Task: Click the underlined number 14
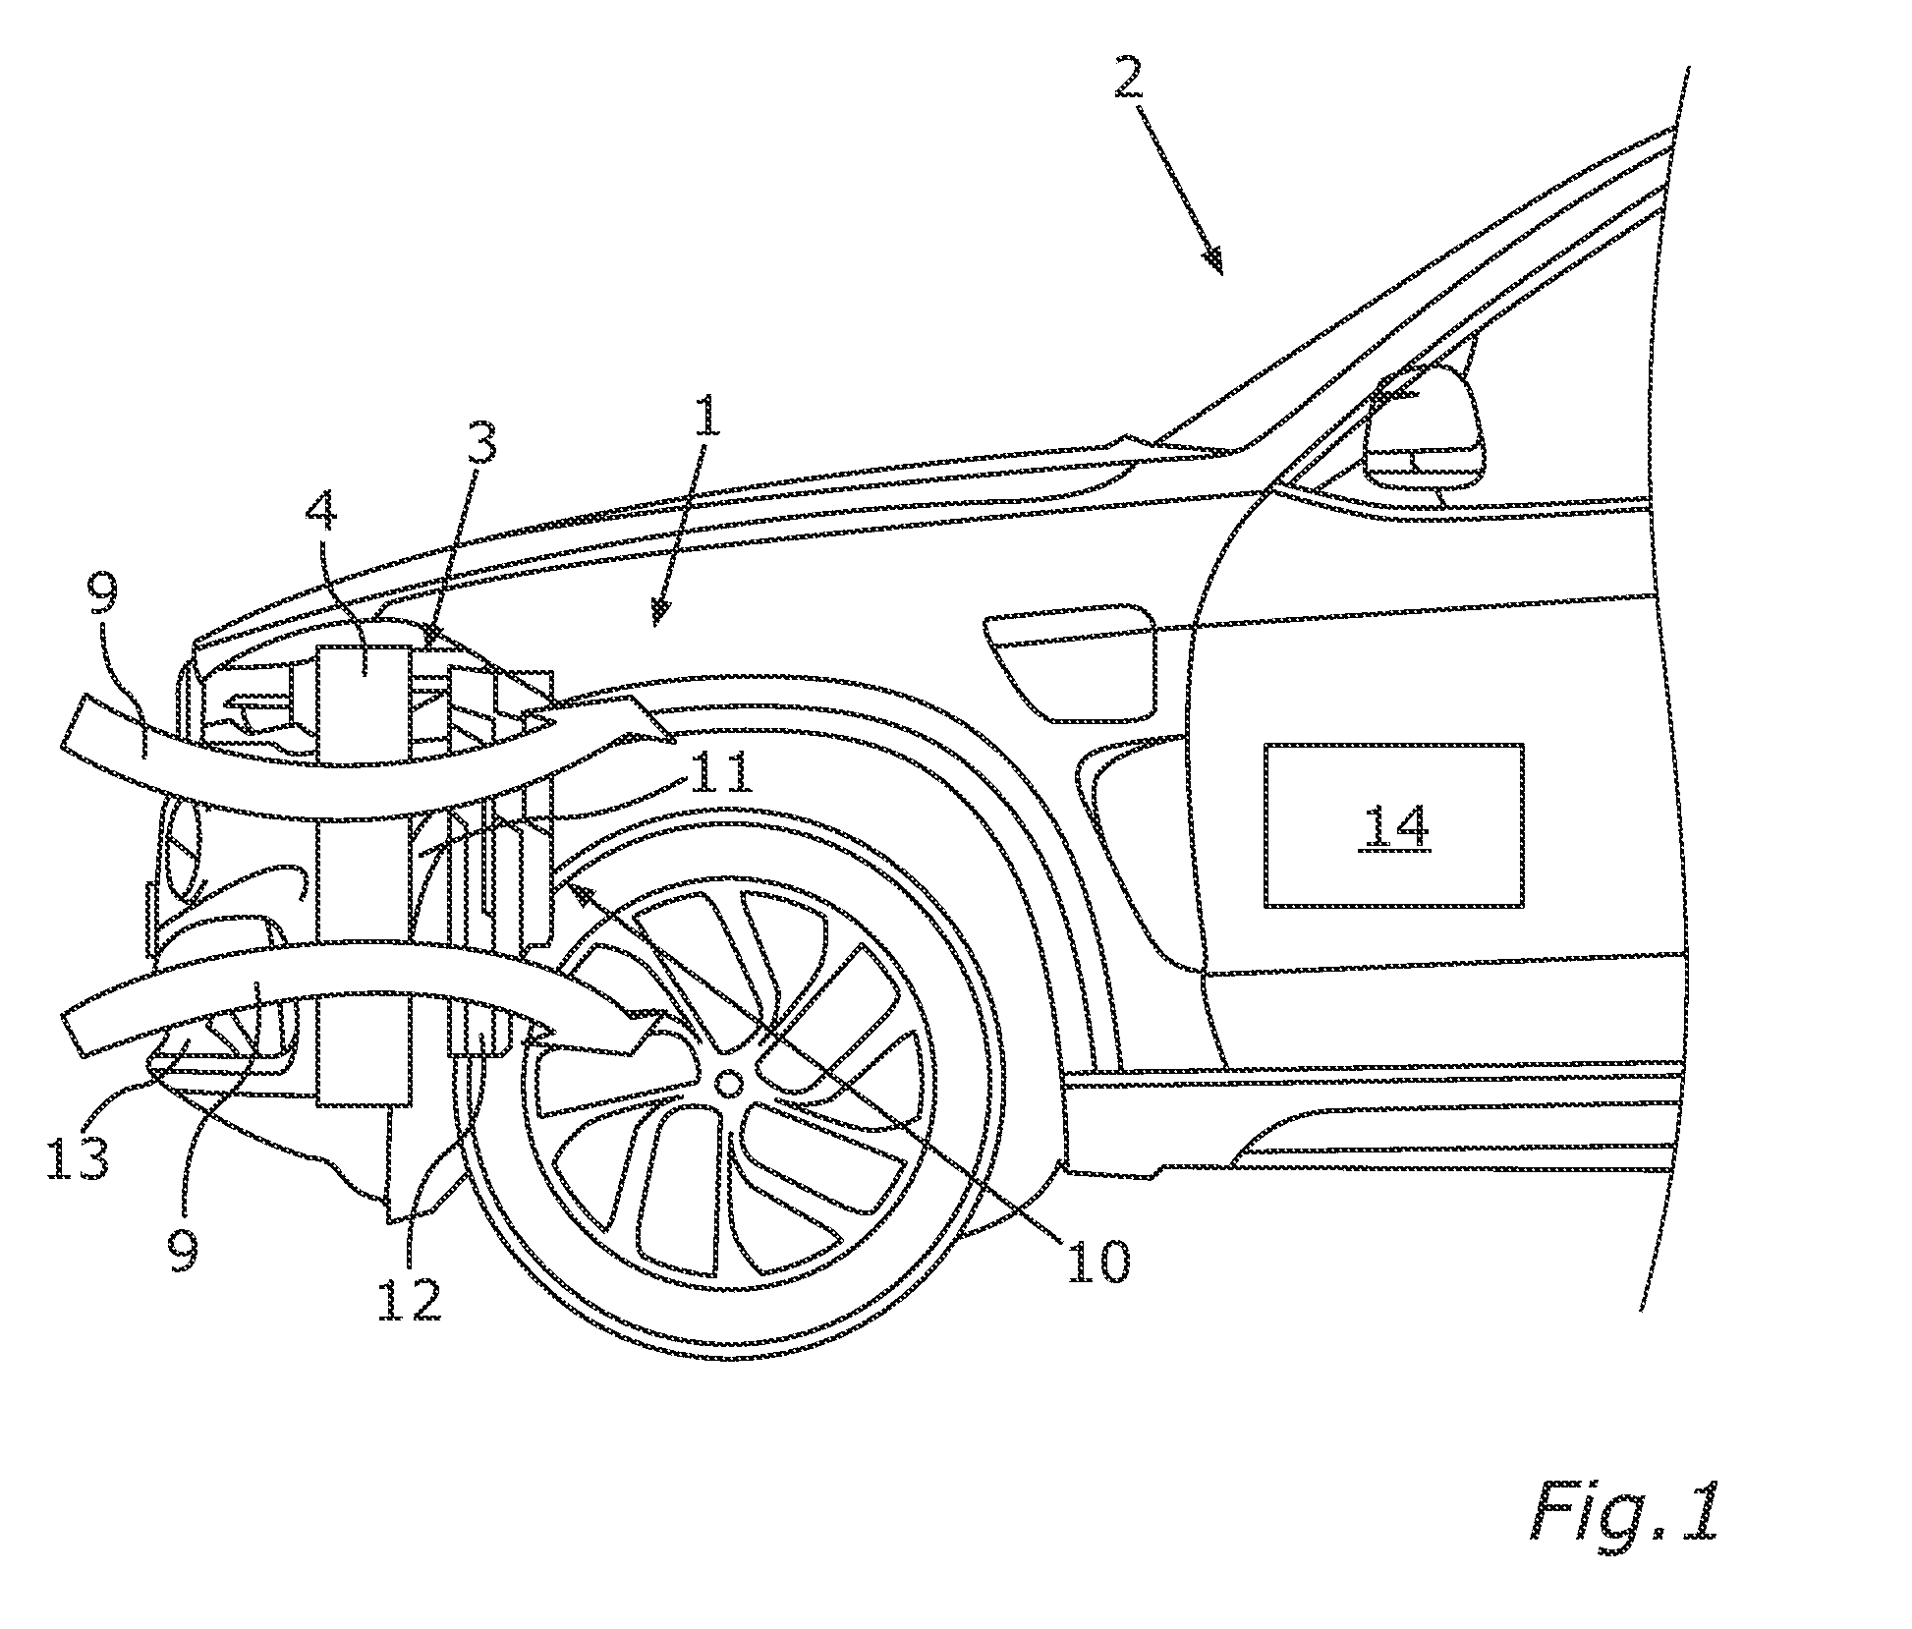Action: [1394, 828]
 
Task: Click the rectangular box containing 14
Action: [1393, 824]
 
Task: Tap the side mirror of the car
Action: [1422, 428]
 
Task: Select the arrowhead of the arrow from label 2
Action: [1215, 260]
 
